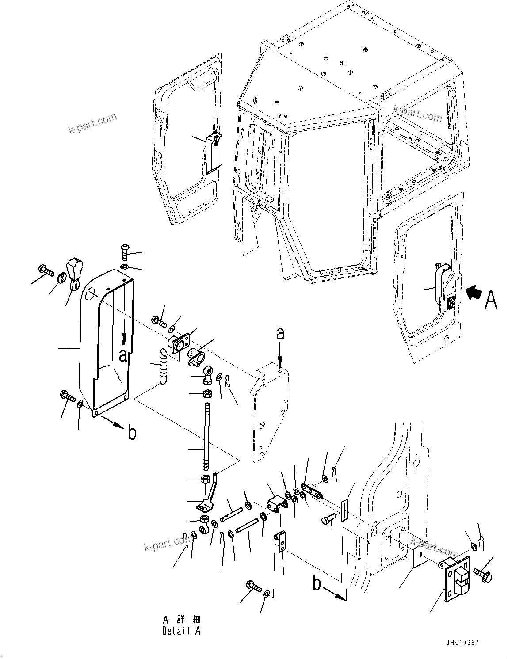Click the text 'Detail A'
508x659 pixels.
pos(181,631)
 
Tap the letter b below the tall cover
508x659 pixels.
pos(132,433)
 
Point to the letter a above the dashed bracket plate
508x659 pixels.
pos(279,335)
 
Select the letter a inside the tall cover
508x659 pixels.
pos(123,356)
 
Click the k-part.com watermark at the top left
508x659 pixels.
pos(92,123)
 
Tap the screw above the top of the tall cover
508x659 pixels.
pos(124,253)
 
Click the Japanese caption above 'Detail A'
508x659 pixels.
pos(181,619)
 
